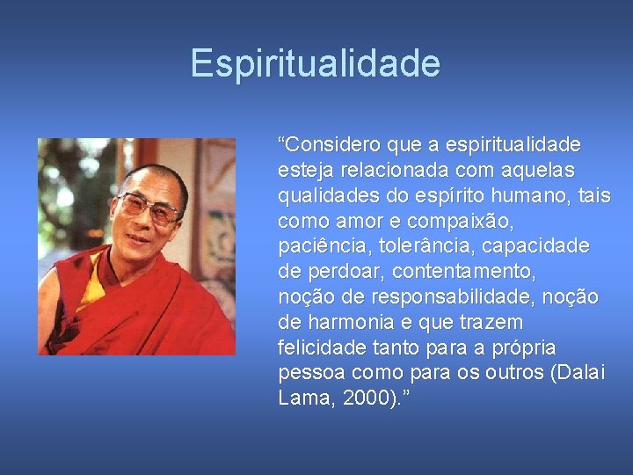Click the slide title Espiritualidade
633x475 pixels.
[x=316, y=63]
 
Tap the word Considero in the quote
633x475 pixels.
[x=327, y=143]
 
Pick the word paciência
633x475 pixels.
[x=317, y=245]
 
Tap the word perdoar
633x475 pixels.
[x=336, y=271]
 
